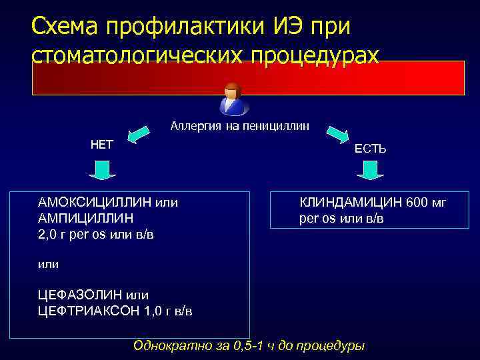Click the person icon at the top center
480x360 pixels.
[233, 99]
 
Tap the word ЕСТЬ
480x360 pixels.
[370, 149]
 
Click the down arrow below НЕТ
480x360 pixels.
[102, 171]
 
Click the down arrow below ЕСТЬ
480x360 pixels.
[370, 172]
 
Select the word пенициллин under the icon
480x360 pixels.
[277, 125]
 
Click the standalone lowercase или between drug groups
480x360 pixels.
[48, 264]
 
